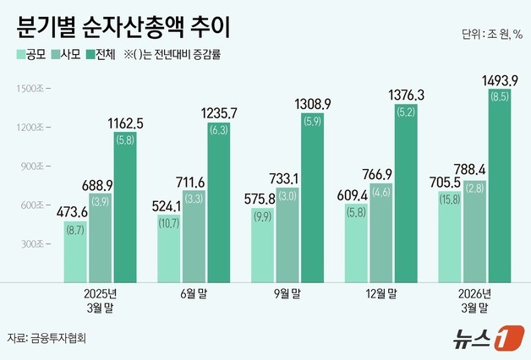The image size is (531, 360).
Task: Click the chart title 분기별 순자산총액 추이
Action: click(123, 29)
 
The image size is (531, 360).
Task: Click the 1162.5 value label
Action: click(125, 123)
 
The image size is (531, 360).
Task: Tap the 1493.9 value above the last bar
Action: click(499, 80)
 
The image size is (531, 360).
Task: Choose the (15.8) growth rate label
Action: click(449, 199)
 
